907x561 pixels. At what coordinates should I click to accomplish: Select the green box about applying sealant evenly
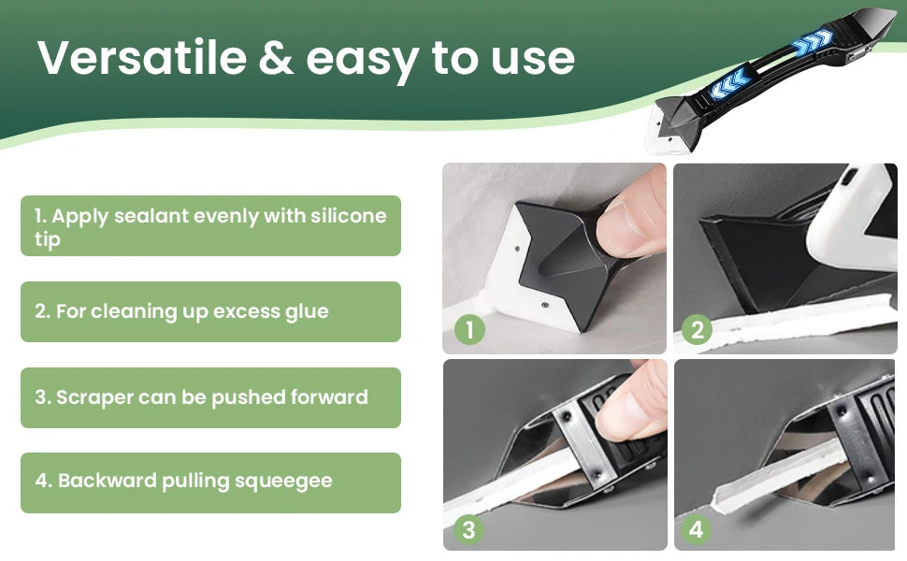click(x=210, y=226)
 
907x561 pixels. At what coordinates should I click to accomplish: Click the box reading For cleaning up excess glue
click(x=210, y=311)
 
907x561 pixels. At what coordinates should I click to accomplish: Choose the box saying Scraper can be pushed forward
click(x=210, y=397)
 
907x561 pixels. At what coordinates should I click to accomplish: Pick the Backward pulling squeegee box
click(x=210, y=482)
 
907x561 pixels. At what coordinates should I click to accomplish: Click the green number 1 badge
click(x=469, y=329)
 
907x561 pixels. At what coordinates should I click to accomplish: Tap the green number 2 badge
click(x=696, y=329)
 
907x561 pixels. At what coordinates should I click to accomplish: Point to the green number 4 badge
click(x=696, y=530)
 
